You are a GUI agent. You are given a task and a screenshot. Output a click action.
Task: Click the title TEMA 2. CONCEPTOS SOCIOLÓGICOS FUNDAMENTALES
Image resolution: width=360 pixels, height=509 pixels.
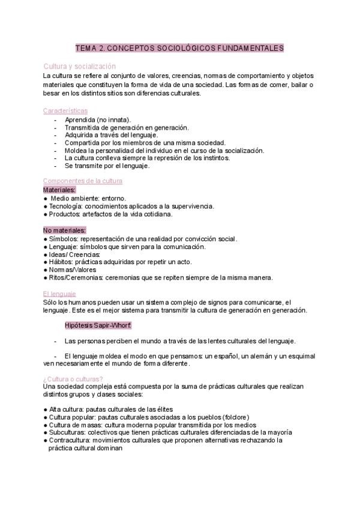coord(179,48)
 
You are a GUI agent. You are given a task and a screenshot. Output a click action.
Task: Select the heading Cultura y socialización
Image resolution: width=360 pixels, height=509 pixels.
coord(80,67)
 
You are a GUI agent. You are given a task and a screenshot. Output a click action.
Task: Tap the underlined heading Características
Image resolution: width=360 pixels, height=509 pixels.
coord(65,111)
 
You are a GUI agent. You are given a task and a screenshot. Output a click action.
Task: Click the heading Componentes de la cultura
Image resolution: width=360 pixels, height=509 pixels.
coord(83,181)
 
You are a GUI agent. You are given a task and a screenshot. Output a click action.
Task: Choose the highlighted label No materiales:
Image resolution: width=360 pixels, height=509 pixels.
coord(65,230)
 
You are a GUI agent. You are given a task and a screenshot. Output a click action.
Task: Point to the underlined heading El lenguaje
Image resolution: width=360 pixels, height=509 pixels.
coord(59,294)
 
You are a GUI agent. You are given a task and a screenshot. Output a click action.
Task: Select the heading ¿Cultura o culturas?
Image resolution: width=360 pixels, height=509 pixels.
coord(73,378)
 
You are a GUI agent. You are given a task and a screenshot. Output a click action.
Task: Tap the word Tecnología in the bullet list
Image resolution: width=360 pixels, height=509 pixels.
coord(64,206)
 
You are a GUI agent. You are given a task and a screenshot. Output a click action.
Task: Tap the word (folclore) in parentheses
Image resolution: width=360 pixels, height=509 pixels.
coord(236,417)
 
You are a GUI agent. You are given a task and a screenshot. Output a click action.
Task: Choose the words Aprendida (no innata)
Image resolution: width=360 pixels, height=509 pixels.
coord(98,119)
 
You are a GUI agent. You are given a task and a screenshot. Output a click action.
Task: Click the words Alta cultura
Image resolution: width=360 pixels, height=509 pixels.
coord(65,409)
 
